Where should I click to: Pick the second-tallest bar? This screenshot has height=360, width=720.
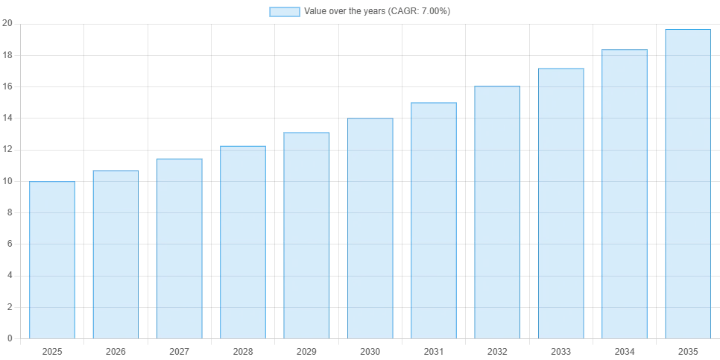(x=624, y=193)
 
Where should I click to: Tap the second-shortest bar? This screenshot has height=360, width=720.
(x=116, y=253)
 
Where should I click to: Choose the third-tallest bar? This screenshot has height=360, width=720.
(x=560, y=202)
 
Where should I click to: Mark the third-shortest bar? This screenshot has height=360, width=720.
(x=179, y=247)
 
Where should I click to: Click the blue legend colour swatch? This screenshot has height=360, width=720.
(x=285, y=12)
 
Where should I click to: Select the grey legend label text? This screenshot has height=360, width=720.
(x=378, y=12)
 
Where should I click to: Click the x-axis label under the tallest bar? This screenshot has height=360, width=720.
(x=688, y=350)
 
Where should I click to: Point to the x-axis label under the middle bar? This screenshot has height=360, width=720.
(x=370, y=350)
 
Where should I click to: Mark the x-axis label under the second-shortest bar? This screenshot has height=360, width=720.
(x=116, y=350)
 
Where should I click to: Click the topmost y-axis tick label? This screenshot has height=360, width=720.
(x=11, y=25)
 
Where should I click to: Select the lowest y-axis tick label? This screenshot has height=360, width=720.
(x=11, y=338)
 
